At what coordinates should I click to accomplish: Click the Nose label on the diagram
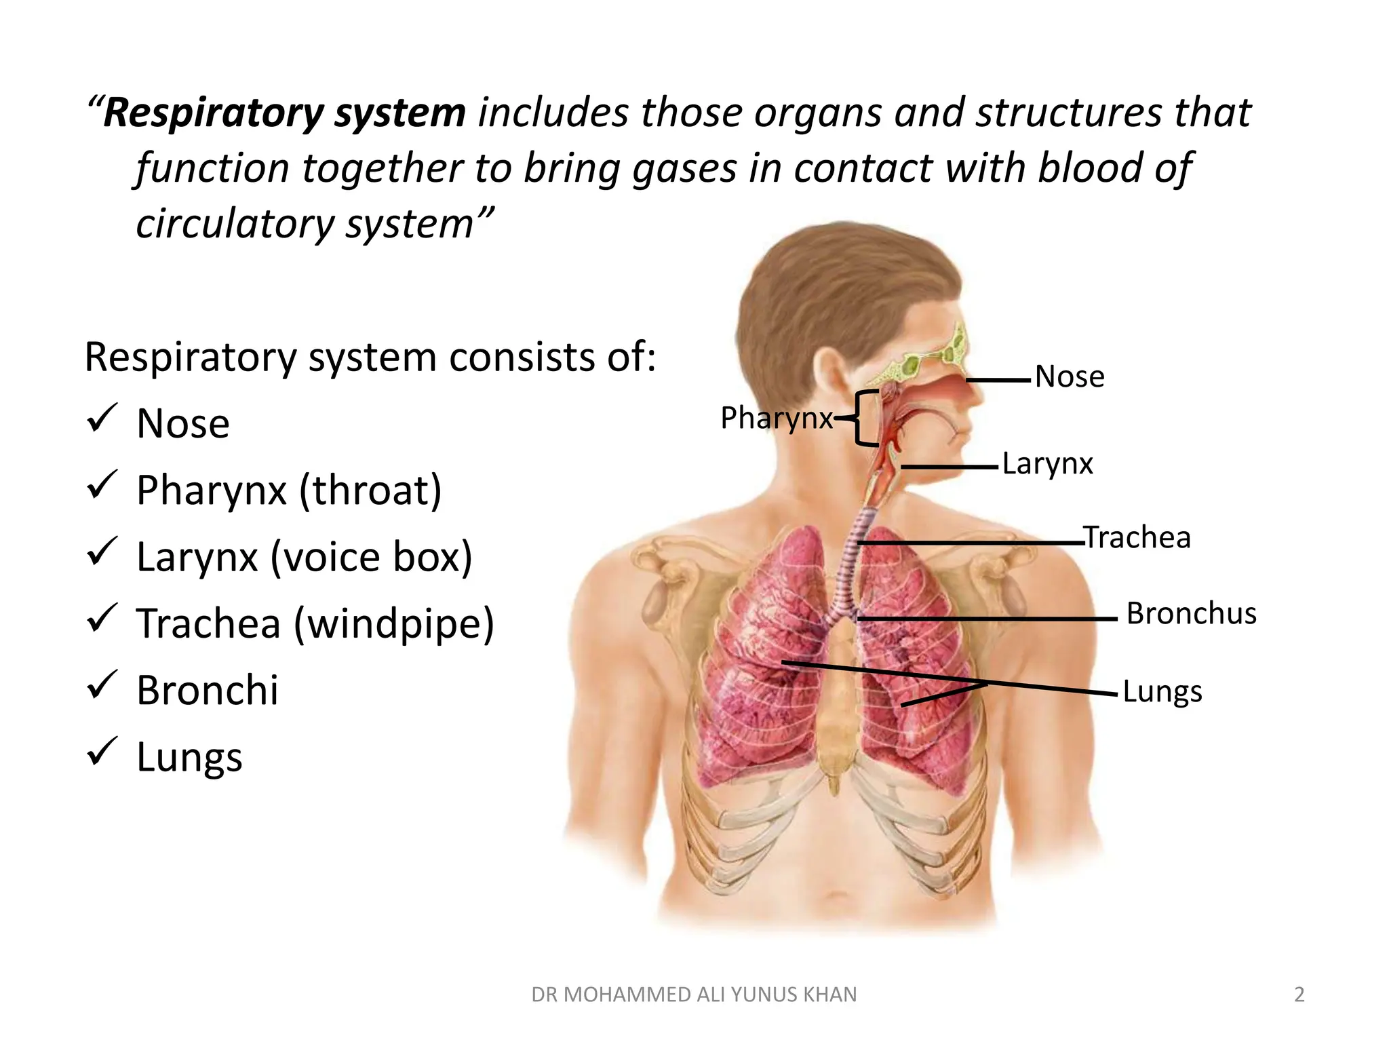coord(1070,377)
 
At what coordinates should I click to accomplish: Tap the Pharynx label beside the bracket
coord(776,418)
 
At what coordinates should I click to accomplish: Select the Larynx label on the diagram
coord(1047,465)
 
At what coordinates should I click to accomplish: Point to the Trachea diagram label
coord(1137,537)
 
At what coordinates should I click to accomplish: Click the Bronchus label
coord(1191,614)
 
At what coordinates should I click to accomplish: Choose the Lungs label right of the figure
coord(1162,692)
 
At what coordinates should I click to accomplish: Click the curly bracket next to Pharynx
coord(863,418)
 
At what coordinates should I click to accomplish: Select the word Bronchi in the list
coord(208,691)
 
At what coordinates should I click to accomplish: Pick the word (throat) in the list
coord(370,490)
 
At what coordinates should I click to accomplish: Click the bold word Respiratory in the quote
coord(213,113)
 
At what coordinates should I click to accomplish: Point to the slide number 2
coord(1299,995)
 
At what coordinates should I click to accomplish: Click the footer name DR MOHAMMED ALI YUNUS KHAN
coord(694,995)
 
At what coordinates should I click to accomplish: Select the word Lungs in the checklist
coord(189,758)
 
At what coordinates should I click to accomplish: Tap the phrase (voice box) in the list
coord(371,558)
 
